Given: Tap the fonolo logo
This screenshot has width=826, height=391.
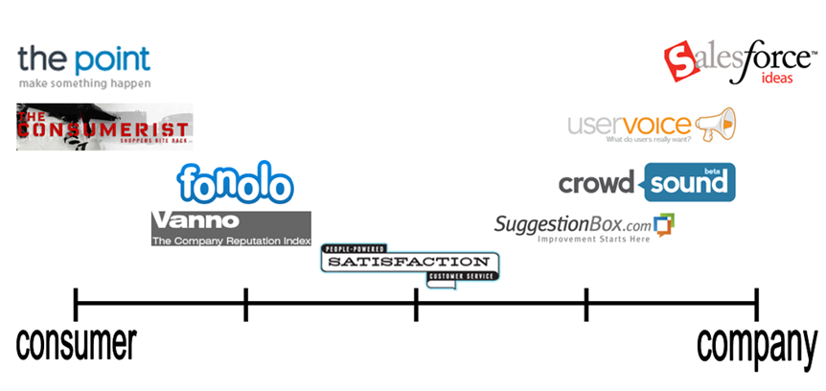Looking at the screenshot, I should coord(235,183).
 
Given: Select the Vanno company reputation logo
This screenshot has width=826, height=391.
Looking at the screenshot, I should coord(231,228).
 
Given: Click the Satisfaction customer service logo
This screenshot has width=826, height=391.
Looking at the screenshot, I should coord(411,262).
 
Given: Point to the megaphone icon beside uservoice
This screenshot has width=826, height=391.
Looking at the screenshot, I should coord(717,123).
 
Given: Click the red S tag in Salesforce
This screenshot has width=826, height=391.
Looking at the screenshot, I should coord(682,61).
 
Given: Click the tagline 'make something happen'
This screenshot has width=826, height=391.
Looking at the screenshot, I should coord(84,83).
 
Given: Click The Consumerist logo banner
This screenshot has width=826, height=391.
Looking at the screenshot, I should coord(104,127).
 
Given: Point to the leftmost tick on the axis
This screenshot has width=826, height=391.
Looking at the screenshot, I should coord(76,305).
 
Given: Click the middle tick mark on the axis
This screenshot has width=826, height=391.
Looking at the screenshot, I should coord(416,305).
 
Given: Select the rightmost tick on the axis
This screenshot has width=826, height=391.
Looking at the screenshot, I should coord(756,305).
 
